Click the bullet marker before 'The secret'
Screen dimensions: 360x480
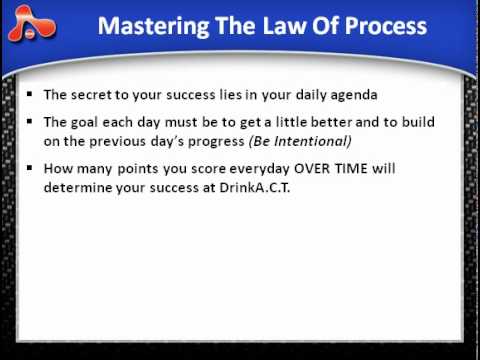point(31,97)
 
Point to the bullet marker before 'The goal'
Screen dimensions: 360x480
point(31,123)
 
